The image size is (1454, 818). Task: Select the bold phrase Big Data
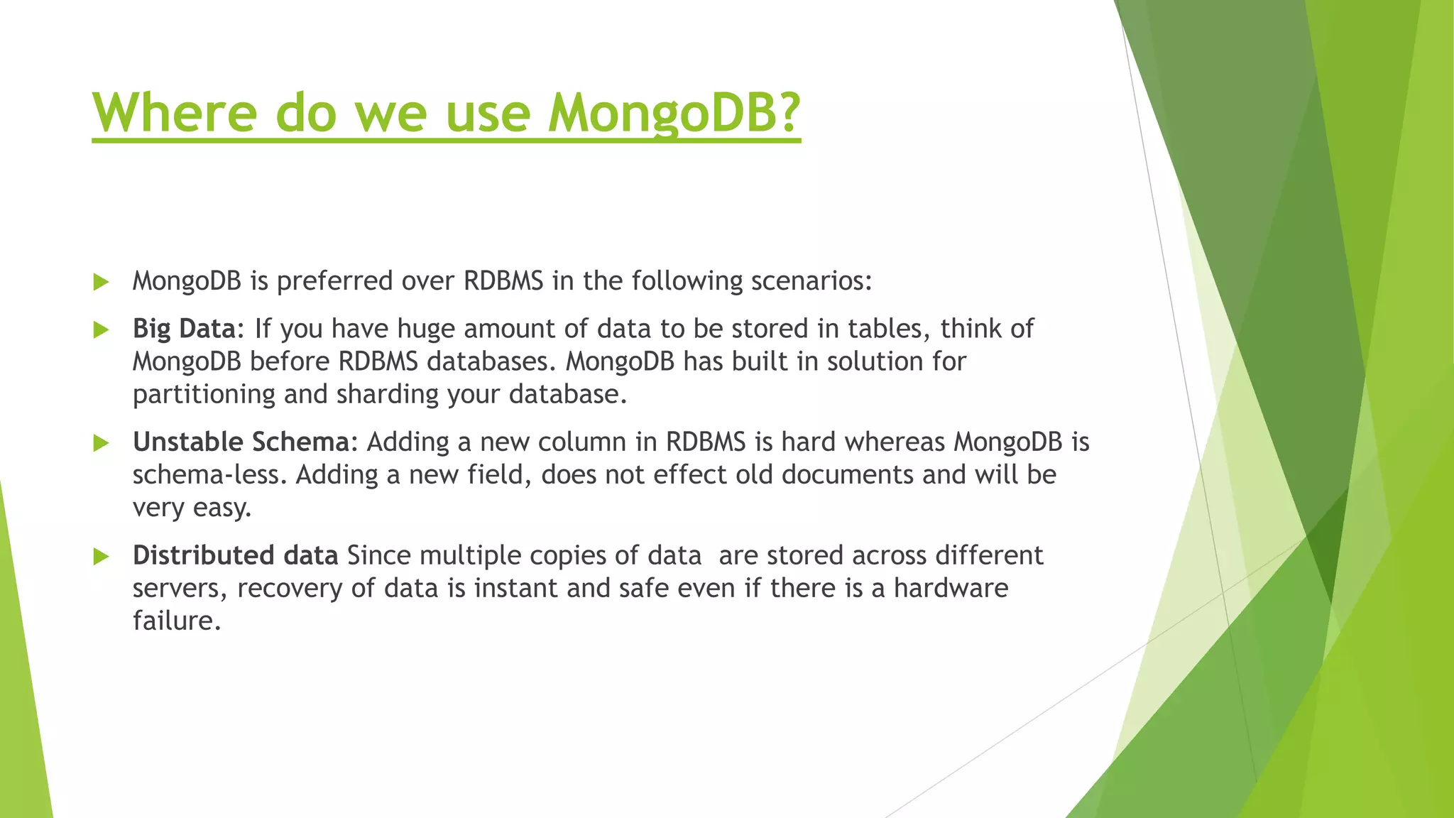[184, 329]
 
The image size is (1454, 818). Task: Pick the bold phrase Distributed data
[235, 555]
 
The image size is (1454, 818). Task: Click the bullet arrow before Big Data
[101, 329]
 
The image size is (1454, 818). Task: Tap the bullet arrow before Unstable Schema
[101, 443]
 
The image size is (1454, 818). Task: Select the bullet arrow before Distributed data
[101, 556]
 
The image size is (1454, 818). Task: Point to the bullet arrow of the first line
[101, 282]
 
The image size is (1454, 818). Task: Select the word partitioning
[204, 394]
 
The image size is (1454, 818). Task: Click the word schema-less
[209, 474]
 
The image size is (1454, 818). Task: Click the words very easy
[192, 508]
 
